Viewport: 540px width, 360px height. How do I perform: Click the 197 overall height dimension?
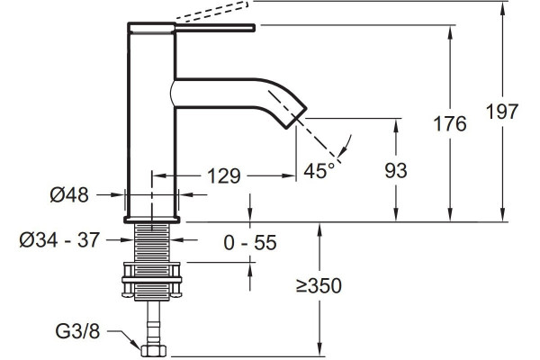pyautogui.click(x=502, y=112)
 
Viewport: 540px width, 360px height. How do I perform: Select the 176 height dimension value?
pyautogui.click(x=450, y=123)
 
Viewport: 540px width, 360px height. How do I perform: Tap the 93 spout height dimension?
pyautogui.click(x=396, y=170)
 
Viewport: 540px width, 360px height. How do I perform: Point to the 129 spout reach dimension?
pyautogui.click(x=224, y=176)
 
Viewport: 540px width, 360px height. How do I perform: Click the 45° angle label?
pyautogui.click(x=319, y=170)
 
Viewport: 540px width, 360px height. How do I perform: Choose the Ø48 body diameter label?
pyautogui.click(x=69, y=195)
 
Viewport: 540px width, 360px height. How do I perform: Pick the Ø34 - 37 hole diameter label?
pyautogui.click(x=59, y=239)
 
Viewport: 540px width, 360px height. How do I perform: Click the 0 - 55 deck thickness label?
pyautogui.click(x=250, y=242)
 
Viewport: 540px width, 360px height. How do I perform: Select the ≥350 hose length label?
pyautogui.click(x=319, y=285)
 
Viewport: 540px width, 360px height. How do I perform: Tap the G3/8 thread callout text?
pyautogui.click(x=77, y=331)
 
